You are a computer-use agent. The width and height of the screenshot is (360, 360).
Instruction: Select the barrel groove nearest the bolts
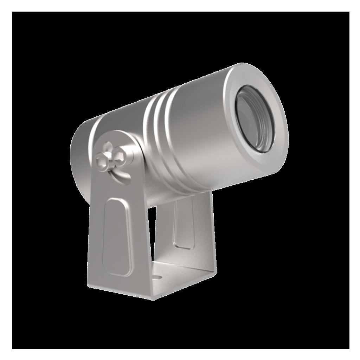[149, 141]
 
